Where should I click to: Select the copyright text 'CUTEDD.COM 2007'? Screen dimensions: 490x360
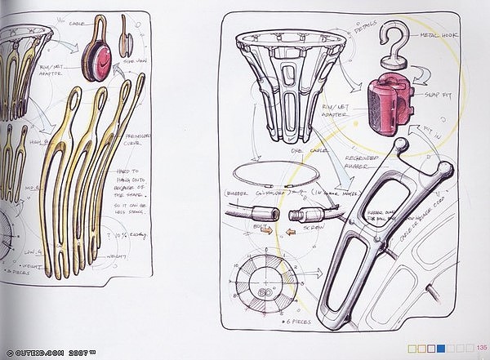51,350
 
